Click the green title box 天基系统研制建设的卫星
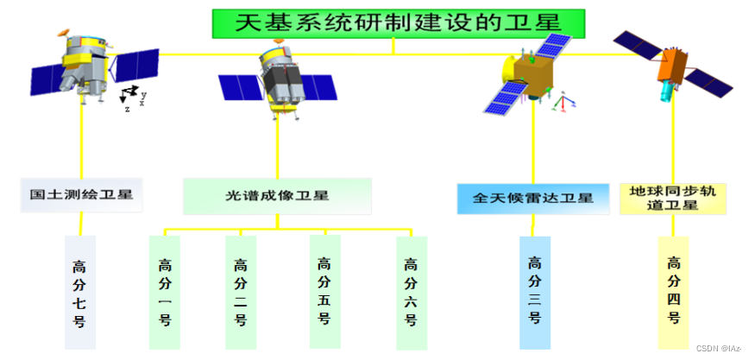pos(398,23)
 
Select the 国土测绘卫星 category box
pos(81,196)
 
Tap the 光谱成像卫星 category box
pos(277,196)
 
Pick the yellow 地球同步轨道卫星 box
pos(673,197)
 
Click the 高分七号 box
pos(80,292)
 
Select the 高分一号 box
pos(165,292)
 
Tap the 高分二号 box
pos(241,292)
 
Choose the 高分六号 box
pos(412,292)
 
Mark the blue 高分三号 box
pos(535,292)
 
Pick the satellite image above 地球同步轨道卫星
pos(674,64)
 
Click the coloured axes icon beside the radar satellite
pos(563,103)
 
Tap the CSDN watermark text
pos(719,348)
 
